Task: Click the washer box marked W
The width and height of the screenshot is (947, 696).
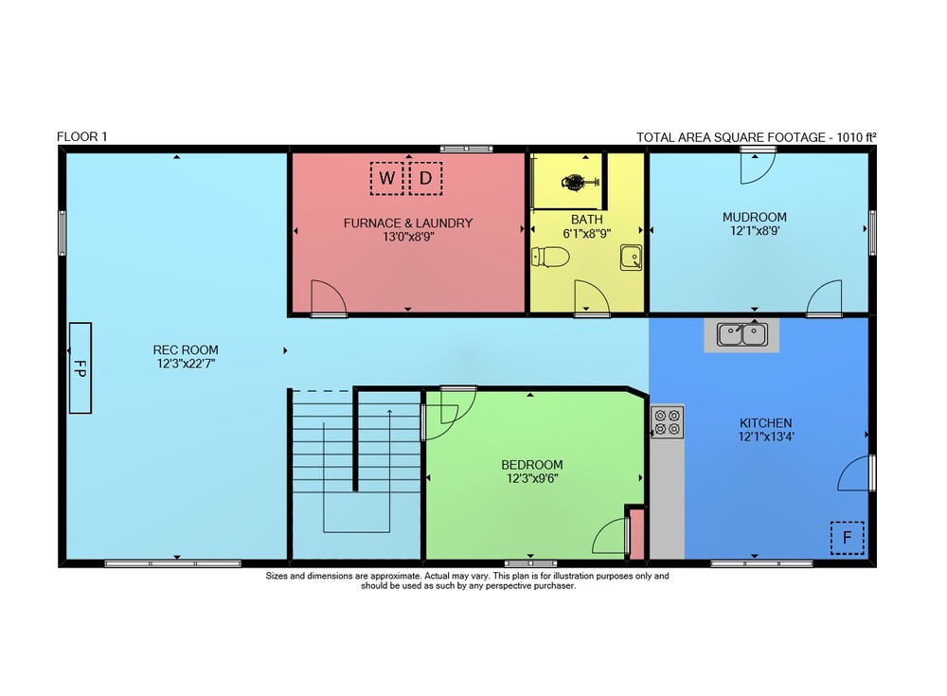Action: [x=386, y=178]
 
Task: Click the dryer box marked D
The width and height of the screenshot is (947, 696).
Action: [x=426, y=178]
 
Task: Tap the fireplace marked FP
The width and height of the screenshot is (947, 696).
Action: [x=80, y=368]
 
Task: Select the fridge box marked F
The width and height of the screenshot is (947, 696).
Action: [x=848, y=538]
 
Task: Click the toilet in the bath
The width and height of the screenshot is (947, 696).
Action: [x=550, y=258]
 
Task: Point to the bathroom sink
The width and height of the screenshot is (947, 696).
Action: [x=631, y=258]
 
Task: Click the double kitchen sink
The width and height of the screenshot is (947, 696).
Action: [x=742, y=334]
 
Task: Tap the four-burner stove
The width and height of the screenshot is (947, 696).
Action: [x=668, y=421]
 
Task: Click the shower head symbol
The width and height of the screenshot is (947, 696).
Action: [x=575, y=181]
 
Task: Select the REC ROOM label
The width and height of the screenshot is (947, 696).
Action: [x=186, y=349]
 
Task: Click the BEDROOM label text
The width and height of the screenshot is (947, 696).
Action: [x=532, y=465]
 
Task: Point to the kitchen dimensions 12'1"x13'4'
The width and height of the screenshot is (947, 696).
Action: [x=766, y=437]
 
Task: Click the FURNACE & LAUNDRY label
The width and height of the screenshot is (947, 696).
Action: [x=408, y=223]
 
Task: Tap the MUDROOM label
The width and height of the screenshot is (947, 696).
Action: [x=755, y=217]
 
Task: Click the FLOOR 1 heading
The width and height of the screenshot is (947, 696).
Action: [x=82, y=136]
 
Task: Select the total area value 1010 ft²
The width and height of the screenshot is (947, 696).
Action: [x=856, y=137]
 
